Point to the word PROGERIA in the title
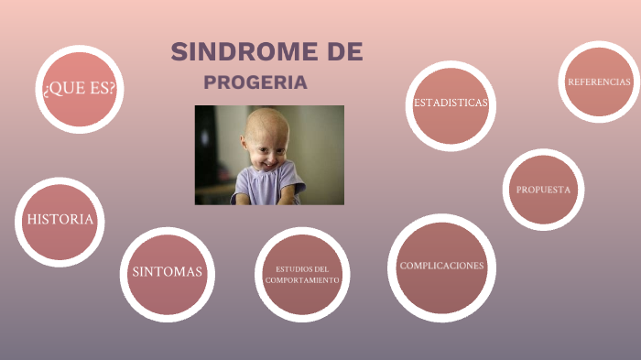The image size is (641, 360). (255, 83)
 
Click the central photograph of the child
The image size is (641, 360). (269, 155)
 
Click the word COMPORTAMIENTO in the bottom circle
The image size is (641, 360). (302, 279)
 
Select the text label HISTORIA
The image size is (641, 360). (60, 220)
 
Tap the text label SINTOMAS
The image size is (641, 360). (167, 272)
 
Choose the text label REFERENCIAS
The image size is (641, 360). (599, 82)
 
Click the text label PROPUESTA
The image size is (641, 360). (543, 190)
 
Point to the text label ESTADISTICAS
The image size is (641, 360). (451, 103)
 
